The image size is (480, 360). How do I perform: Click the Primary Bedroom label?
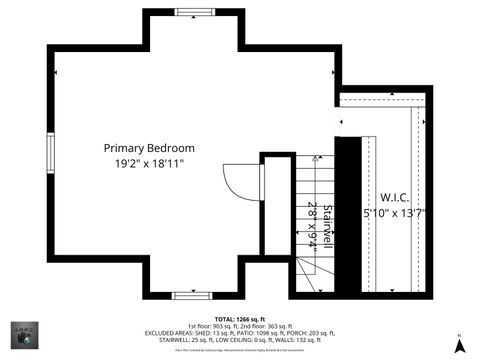click(x=149, y=148)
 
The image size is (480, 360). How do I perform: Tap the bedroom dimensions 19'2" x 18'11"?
click(x=149, y=163)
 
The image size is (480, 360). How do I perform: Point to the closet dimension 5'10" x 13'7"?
click(x=397, y=213)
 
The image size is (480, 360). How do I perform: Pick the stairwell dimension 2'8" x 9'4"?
click(x=312, y=224)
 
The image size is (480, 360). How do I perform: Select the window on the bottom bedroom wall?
click(x=187, y=295)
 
